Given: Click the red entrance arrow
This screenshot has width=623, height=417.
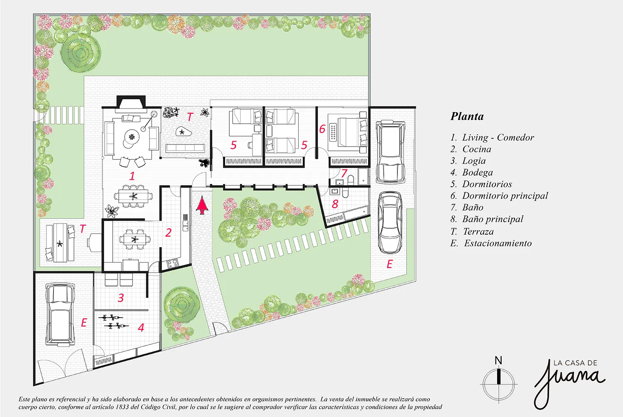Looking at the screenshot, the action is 202,205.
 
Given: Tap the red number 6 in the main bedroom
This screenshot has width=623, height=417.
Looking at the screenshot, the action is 322,129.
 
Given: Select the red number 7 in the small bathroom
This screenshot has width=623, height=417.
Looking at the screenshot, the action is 344,173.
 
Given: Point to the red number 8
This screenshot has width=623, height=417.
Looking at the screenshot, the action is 335,204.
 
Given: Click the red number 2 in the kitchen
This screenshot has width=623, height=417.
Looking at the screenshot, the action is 168,233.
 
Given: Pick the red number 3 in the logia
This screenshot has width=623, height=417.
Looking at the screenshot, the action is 120,298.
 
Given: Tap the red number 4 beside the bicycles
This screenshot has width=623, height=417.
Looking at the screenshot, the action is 141,327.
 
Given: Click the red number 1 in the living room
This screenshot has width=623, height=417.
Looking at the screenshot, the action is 132,176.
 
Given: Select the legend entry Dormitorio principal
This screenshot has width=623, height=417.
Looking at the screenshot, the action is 505,196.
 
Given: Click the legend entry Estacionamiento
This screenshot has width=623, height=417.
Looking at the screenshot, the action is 498,243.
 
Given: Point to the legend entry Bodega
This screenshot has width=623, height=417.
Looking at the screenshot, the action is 477,172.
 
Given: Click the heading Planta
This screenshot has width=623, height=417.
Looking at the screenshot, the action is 467,116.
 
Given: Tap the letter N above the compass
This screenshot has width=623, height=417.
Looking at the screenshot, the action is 498,361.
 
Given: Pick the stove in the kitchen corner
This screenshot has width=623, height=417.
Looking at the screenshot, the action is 172,263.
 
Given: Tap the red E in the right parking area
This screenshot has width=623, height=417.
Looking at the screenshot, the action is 390,264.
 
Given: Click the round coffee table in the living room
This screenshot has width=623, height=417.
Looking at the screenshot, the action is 131,137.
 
